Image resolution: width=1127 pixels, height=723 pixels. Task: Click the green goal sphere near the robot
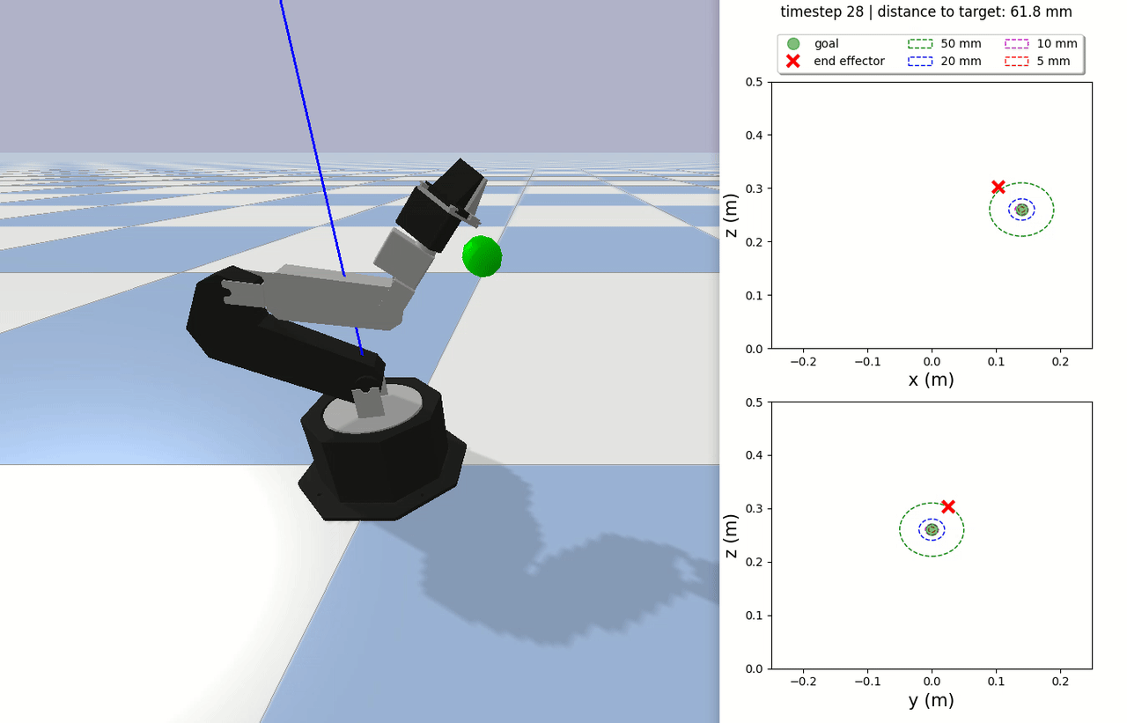[x=482, y=256]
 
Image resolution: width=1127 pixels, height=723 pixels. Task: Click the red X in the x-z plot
[x=998, y=188]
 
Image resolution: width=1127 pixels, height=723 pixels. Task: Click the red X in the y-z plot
[x=948, y=506]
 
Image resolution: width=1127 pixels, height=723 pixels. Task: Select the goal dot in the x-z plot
[x=1022, y=210]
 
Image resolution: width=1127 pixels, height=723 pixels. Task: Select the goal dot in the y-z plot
[x=932, y=529]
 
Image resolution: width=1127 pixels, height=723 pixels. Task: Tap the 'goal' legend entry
[x=826, y=44]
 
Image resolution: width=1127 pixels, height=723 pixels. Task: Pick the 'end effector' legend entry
[x=849, y=61]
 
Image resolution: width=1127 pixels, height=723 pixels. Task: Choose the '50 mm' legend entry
[x=961, y=44]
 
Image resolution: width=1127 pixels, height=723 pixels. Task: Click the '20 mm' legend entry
[x=961, y=61]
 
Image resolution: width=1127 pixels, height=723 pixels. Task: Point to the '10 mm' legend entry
[x=1057, y=44]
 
